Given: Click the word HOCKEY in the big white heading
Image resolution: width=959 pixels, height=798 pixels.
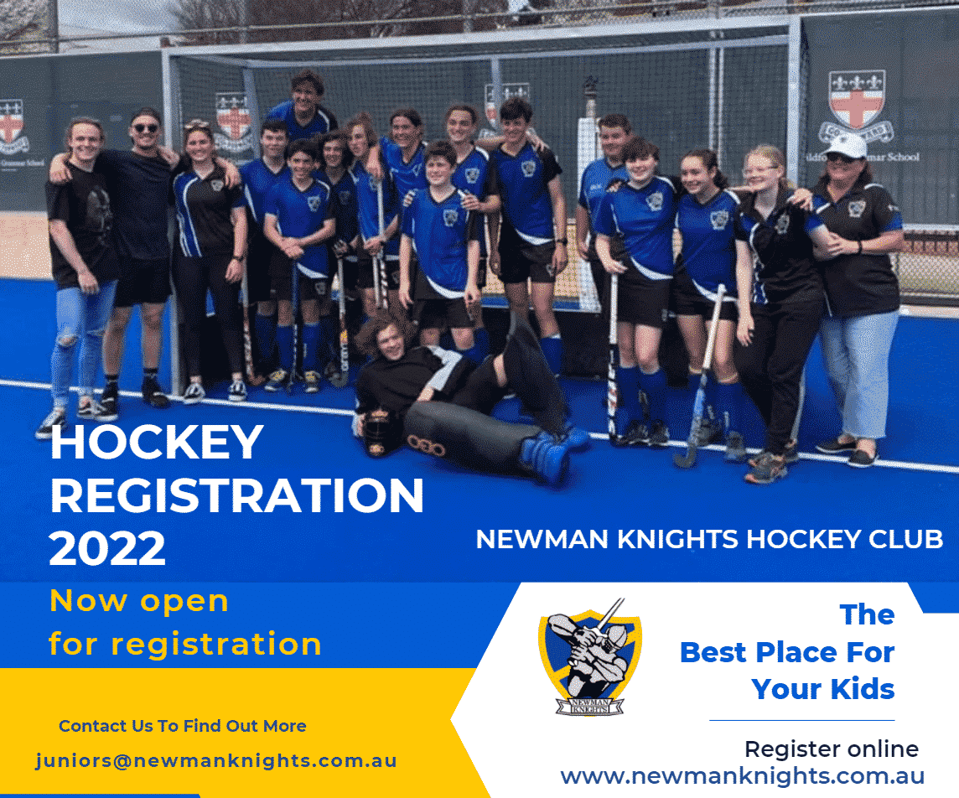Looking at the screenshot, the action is [x=157, y=442].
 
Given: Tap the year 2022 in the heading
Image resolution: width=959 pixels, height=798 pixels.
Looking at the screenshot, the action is [x=107, y=548].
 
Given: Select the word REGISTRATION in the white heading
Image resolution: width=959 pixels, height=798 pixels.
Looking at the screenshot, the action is [x=237, y=495].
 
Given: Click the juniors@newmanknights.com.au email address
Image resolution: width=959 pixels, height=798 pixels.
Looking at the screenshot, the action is [x=216, y=761].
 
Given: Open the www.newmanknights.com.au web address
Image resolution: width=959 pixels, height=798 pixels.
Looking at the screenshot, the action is [x=743, y=775].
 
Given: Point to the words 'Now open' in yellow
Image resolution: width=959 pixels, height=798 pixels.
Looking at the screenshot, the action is [x=139, y=601].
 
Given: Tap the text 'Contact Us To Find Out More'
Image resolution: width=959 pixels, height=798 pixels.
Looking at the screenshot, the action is [x=182, y=726].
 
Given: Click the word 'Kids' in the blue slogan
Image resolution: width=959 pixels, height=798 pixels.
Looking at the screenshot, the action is [x=863, y=689].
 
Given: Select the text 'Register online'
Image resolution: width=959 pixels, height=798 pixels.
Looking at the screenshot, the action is [x=832, y=749].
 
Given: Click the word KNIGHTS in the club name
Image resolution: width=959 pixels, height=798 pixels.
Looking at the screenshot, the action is [x=677, y=539].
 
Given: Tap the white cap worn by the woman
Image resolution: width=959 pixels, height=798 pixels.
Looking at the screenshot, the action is [x=846, y=146].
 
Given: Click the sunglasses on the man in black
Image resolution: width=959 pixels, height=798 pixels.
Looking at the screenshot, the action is [x=146, y=127].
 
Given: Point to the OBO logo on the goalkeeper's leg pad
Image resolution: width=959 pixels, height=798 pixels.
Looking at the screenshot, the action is [x=427, y=447].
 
